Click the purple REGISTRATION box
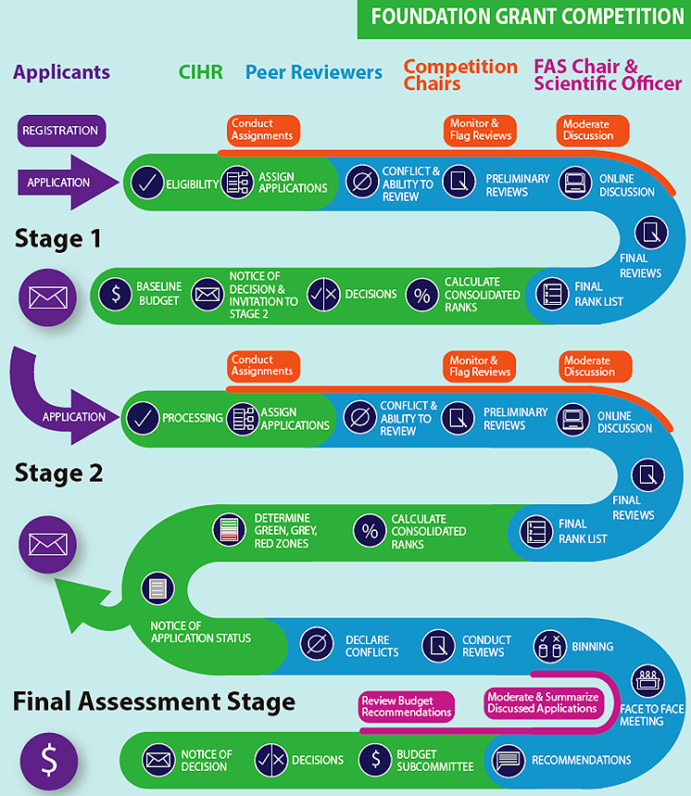tap(61, 131)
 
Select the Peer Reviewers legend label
tap(314, 72)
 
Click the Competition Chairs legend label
tap(460, 75)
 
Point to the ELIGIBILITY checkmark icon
tap(146, 183)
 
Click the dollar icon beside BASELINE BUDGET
tap(116, 294)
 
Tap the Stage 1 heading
tap(58, 239)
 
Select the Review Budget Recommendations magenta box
tap(407, 706)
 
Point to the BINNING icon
tap(550, 645)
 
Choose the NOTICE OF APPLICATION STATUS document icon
tap(157, 588)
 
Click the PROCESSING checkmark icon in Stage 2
tap(142, 417)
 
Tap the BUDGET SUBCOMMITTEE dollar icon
tap(374, 760)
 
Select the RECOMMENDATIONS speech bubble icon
tap(509, 760)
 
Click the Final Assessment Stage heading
tap(154, 702)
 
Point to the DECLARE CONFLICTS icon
tap(318, 645)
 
